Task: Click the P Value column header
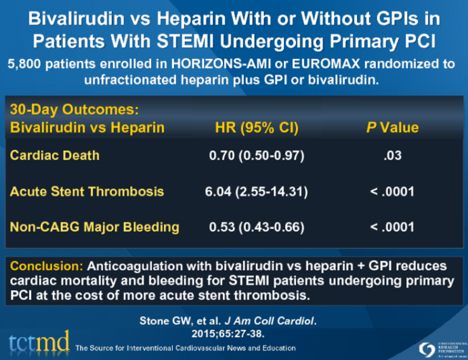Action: coord(392,127)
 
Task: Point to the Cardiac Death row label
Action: coord(54,155)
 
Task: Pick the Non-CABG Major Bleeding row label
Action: coord(94,227)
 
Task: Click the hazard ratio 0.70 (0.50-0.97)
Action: coord(256,156)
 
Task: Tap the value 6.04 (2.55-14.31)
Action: coord(256,192)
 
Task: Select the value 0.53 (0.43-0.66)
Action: coord(256,227)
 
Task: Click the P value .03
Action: coord(392,156)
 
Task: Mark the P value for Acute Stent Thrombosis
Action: coord(392,192)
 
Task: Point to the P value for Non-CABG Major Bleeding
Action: coord(392,227)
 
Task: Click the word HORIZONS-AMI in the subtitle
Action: coord(214,64)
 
